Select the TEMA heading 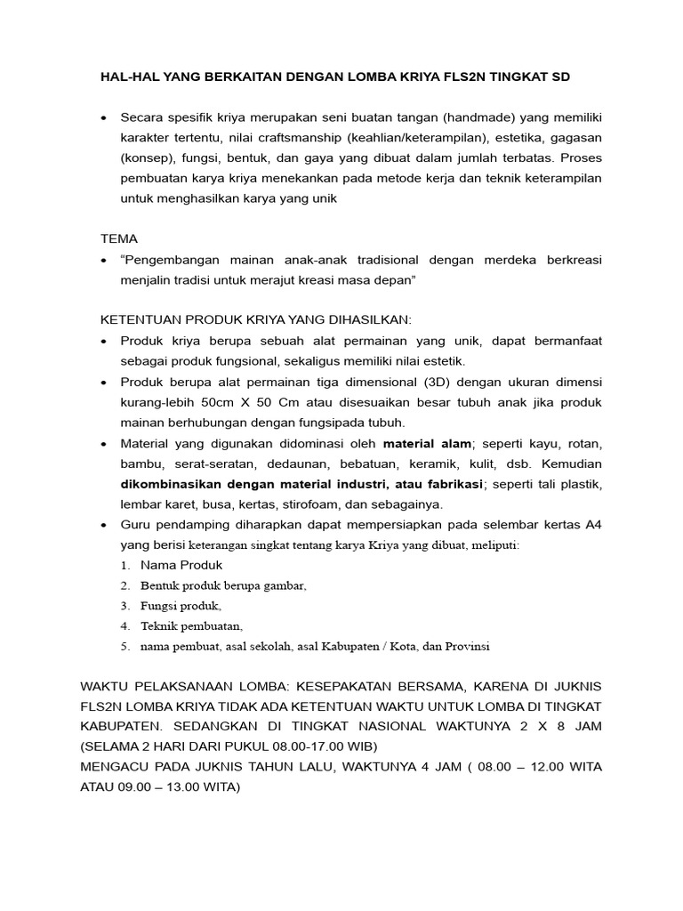118,239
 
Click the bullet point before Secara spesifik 104,117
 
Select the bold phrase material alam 426,443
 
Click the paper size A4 593,525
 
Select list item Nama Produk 181,565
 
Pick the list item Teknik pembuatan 191,625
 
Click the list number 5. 125,646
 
